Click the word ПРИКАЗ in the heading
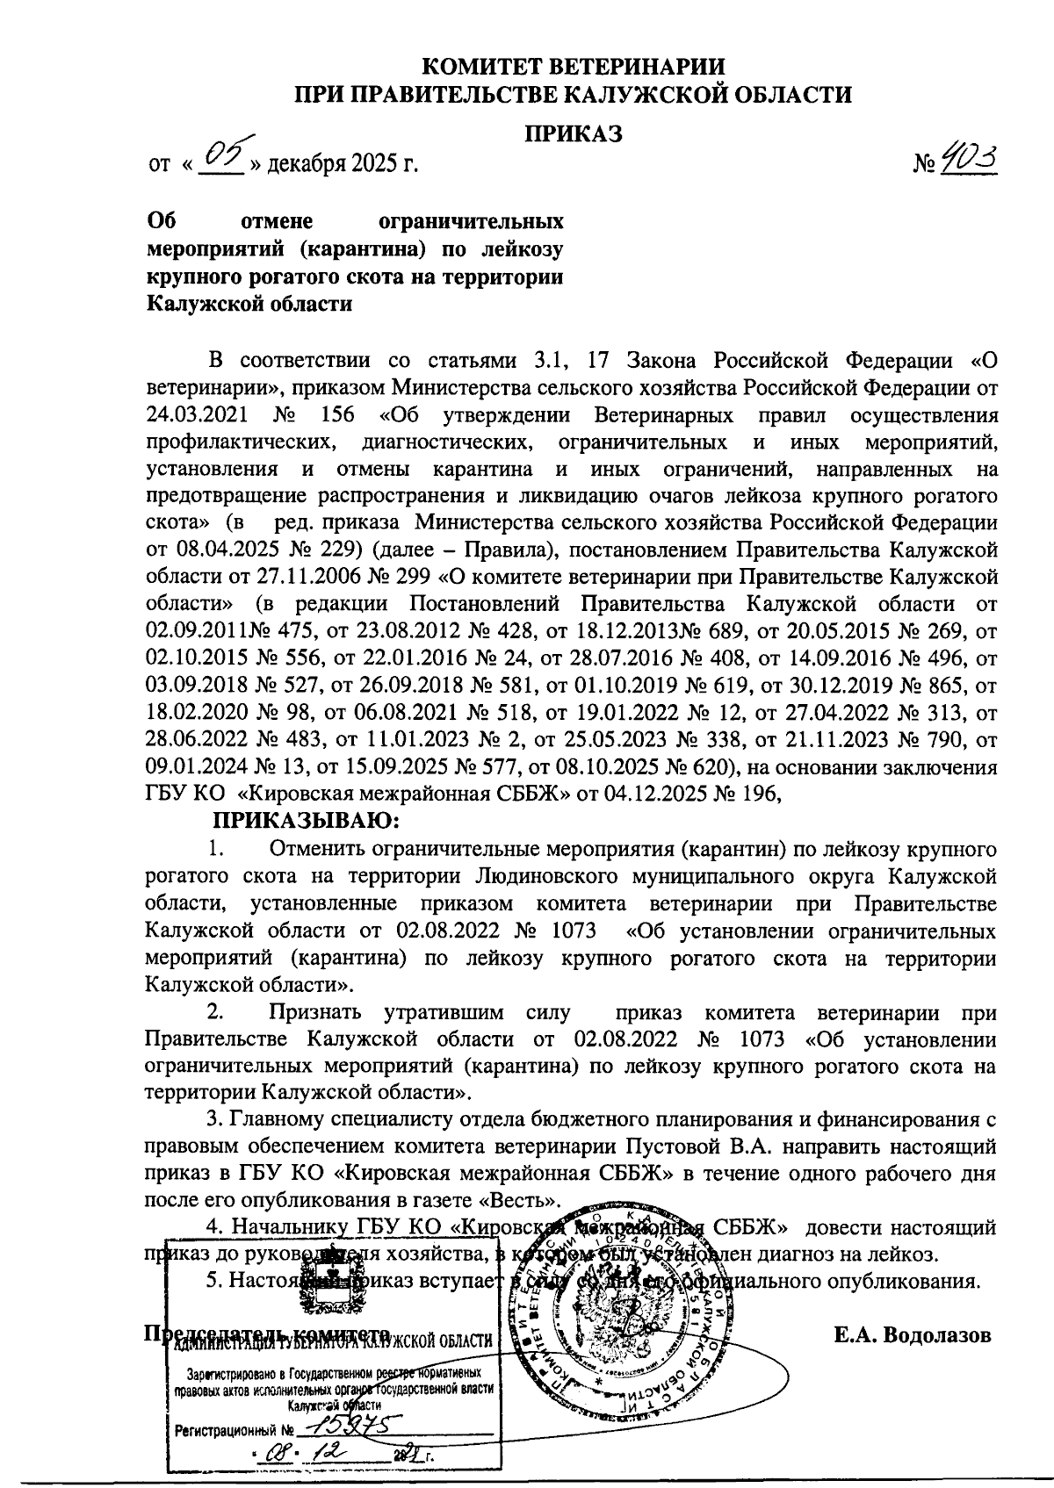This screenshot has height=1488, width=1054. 574,133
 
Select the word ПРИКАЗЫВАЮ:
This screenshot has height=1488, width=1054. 306,822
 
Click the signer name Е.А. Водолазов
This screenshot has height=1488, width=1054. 913,1335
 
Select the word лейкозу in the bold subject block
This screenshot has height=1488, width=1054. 524,249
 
